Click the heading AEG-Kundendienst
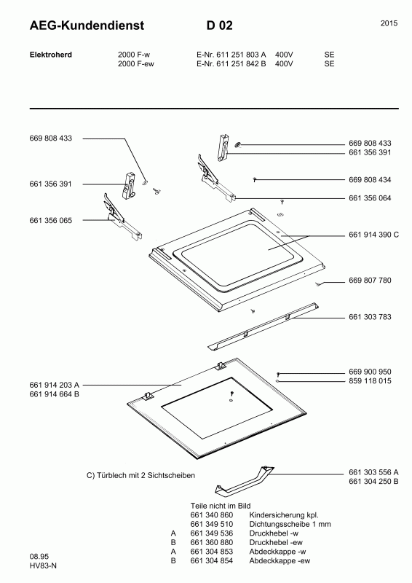(x=87, y=26)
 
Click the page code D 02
(x=220, y=26)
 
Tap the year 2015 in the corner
(x=389, y=23)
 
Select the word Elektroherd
(x=51, y=55)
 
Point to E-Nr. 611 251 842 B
(x=231, y=63)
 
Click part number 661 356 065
(x=50, y=221)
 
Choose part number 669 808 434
(x=370, y=180)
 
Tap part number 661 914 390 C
(x=373, y=235)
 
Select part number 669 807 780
(x=370, y=281)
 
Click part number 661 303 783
(x=370, y=317)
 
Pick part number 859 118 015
(x=370, y=380)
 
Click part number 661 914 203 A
(x=55, y=386)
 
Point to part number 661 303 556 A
(x=373, y=472)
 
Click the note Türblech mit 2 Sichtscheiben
(x=140, y=475)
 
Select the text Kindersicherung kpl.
(x=284, y=515)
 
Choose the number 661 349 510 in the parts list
(x=212, y=524)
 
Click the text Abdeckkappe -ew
(x=280, y=560)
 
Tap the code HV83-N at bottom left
(x=43, y=566)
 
